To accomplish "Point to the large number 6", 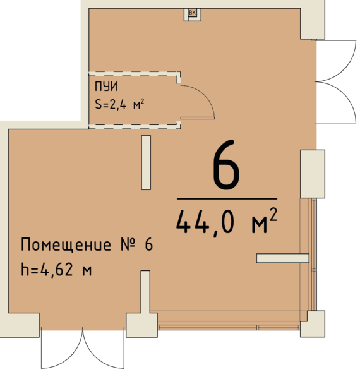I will click(226, 166).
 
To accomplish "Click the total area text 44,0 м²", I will click(226, 222).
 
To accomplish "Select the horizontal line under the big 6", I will click(226, 198).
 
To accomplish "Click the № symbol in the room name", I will click(126, 246).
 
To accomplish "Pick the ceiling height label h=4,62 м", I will click(57, 271).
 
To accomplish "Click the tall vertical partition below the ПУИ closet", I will click(146, 162).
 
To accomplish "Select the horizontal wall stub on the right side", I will click(282, 258).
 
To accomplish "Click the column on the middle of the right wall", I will click(312, 174).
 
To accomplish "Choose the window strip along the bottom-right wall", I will click(229, 328).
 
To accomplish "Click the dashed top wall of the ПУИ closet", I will click(133, 75).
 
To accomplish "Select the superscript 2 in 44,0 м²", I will click(272, 215).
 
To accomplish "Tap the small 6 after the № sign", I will click(149, 246).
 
